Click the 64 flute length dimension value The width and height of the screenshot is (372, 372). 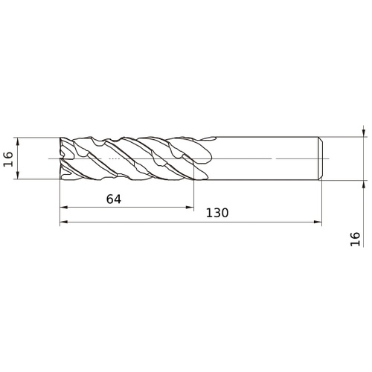(114, 199)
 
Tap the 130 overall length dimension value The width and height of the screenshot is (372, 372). (217, 213)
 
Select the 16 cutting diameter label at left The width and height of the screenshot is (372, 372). (8, 159)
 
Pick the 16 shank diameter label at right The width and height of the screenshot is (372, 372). (355, 239)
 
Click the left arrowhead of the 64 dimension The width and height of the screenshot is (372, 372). (64, 207)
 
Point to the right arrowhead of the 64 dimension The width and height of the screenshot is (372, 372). (190, 207)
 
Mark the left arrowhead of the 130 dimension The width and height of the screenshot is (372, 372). (64, 222)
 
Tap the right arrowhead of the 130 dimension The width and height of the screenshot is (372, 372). (318, 222)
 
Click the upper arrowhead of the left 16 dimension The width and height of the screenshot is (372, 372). (17, 141)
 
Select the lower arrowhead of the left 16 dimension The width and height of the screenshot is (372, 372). (17, 175)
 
